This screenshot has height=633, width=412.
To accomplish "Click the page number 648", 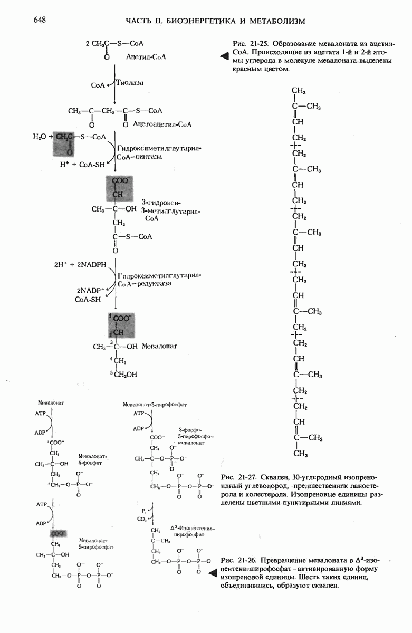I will tap(40, 20).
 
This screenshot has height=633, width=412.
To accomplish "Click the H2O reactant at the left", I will tap(40, 137).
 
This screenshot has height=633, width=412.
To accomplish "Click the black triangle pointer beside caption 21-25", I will tap(224, 55).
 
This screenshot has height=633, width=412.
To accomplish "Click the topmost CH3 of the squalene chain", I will tap(299, 91).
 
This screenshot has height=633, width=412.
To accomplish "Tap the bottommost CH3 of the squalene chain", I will tap(299, 453).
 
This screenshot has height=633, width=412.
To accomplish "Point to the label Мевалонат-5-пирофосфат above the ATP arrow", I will tap(155, 405).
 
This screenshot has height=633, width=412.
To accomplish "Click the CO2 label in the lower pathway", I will tap(142, 520).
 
